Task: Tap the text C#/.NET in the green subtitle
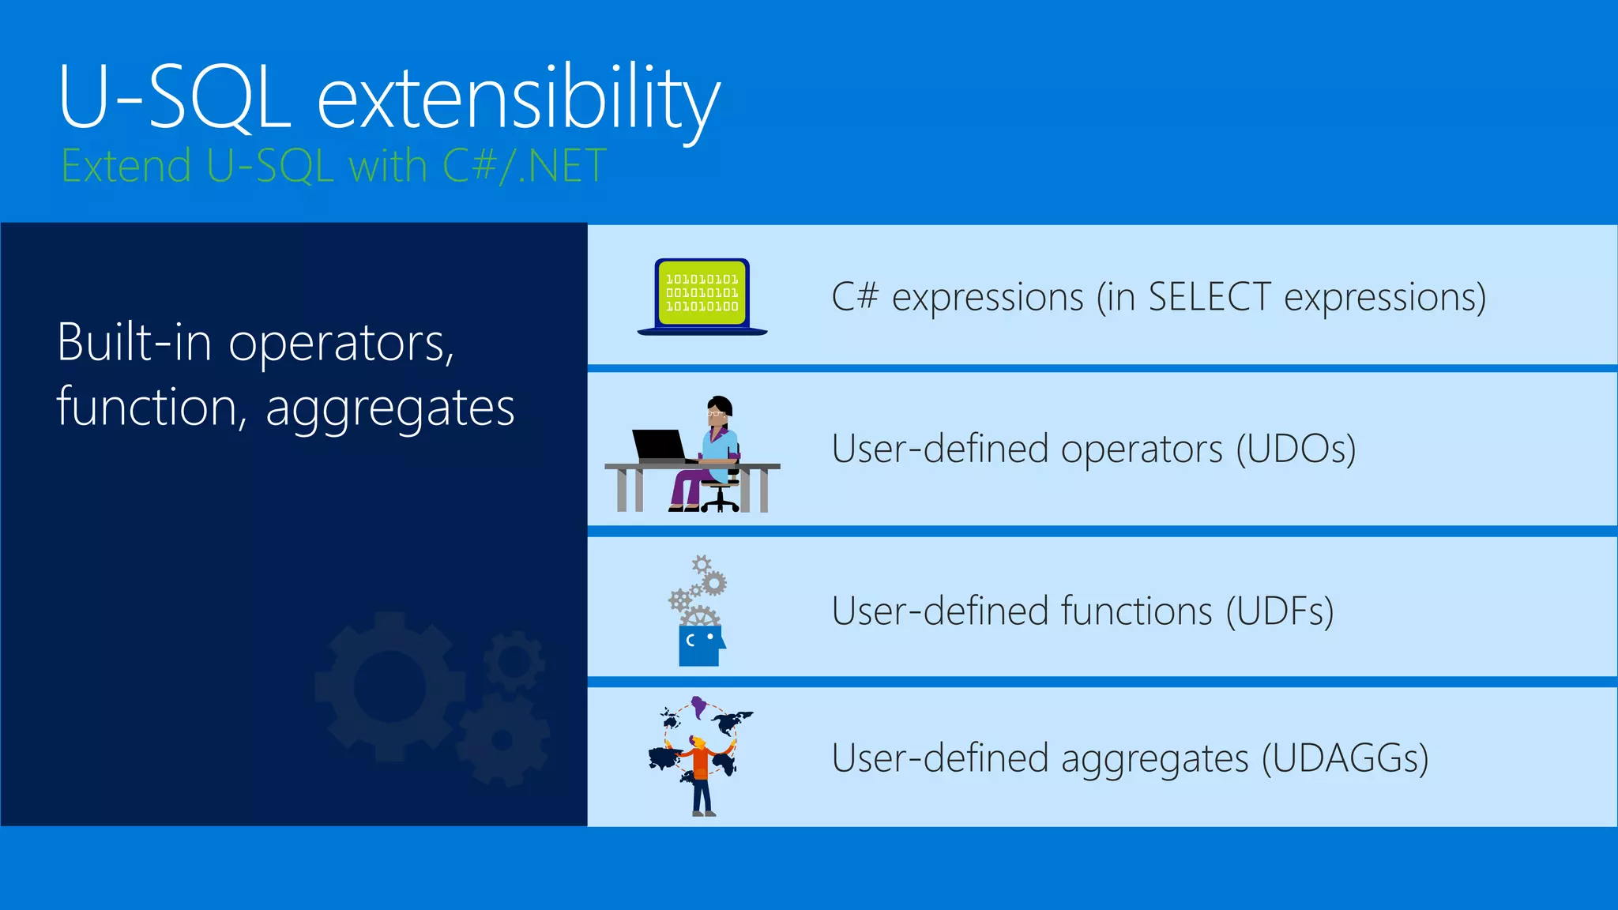[x=524, y=167]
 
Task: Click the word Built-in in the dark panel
[x=134, y=343]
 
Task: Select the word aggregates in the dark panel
[x=389, y=408]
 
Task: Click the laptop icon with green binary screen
[x=702, y=295]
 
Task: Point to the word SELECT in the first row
[x=1209, y=298]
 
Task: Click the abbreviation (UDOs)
[x=1296, y=449]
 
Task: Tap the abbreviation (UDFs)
[x=1280, y=611]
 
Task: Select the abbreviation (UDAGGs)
[x=1345, y=758]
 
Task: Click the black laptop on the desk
[x=660, y=445]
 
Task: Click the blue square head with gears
[x=700, y=645]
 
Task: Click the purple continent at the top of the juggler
[x=698, y=705]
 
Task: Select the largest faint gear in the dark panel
[x=389, y=686]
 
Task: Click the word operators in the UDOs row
[x=1141, y=449]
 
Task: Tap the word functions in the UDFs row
[x=1136, y=611]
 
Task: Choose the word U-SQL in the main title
[x=175, y=99]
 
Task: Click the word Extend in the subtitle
[x=126, y=167]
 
